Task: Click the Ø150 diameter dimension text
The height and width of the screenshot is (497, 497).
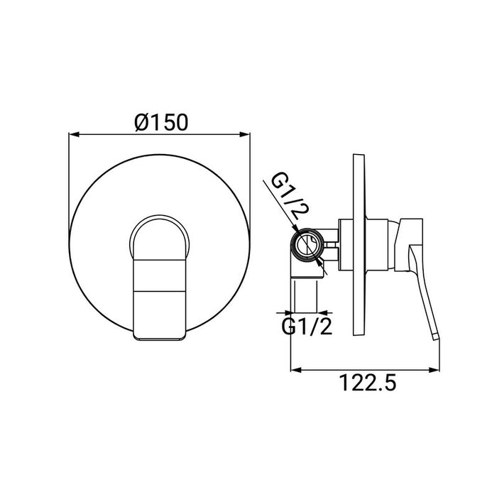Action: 161,122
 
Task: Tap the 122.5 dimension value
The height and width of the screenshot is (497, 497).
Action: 367,383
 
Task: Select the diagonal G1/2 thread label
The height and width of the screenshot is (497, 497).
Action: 289,196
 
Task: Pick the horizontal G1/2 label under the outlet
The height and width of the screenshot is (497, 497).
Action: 307,327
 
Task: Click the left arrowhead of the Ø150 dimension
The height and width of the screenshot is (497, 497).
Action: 74,134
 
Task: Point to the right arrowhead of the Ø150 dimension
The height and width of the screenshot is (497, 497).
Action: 246,134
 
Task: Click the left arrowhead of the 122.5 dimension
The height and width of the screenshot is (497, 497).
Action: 296,370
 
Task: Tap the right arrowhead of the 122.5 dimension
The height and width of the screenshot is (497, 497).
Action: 435,370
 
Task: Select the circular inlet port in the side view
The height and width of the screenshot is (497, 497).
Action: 307,244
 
